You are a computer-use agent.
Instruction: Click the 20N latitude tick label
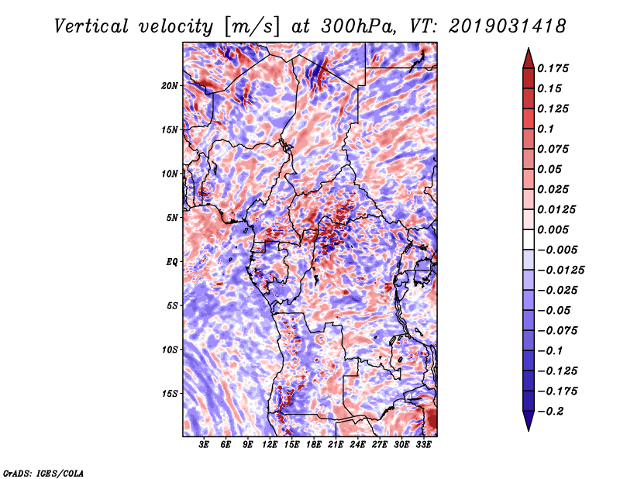click(x=170, y=85)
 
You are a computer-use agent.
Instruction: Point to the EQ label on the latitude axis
click(x=172, y=261)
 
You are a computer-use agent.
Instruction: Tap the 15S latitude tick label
click(x=170, y=393)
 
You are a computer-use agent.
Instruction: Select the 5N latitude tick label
click(x=172, y=217)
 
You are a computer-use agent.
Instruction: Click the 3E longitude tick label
click(x=205, y=445)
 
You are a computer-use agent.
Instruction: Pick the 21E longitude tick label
click(x=336, y=445)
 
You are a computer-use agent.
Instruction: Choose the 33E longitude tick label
click(x=424, y=445)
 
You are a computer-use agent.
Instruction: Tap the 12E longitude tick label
click(x=270, y=445)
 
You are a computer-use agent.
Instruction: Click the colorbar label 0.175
click(x=555, y=68)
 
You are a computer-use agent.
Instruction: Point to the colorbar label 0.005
click(x=555, y=229)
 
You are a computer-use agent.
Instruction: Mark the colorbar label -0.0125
click(x=562, y=270)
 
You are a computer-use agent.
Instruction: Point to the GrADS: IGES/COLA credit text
click(x=43, y=472)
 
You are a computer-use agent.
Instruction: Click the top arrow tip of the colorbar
click(x=527, y=50)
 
